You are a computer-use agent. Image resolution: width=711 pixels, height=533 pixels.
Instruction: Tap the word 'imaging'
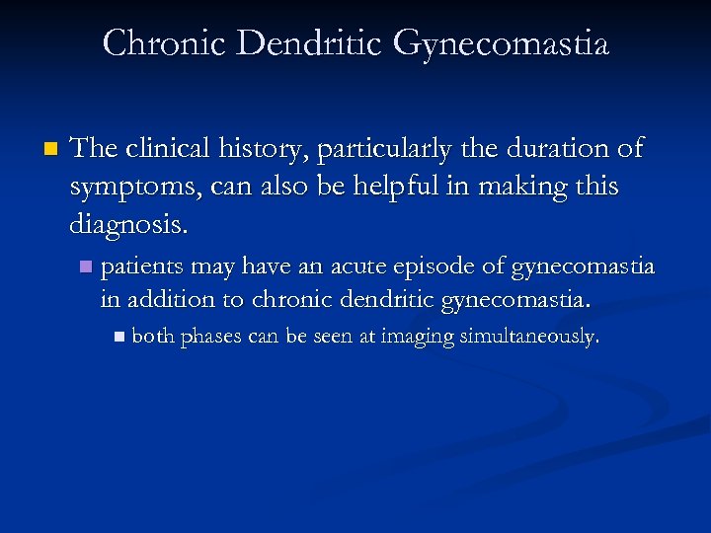(414, 339)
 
